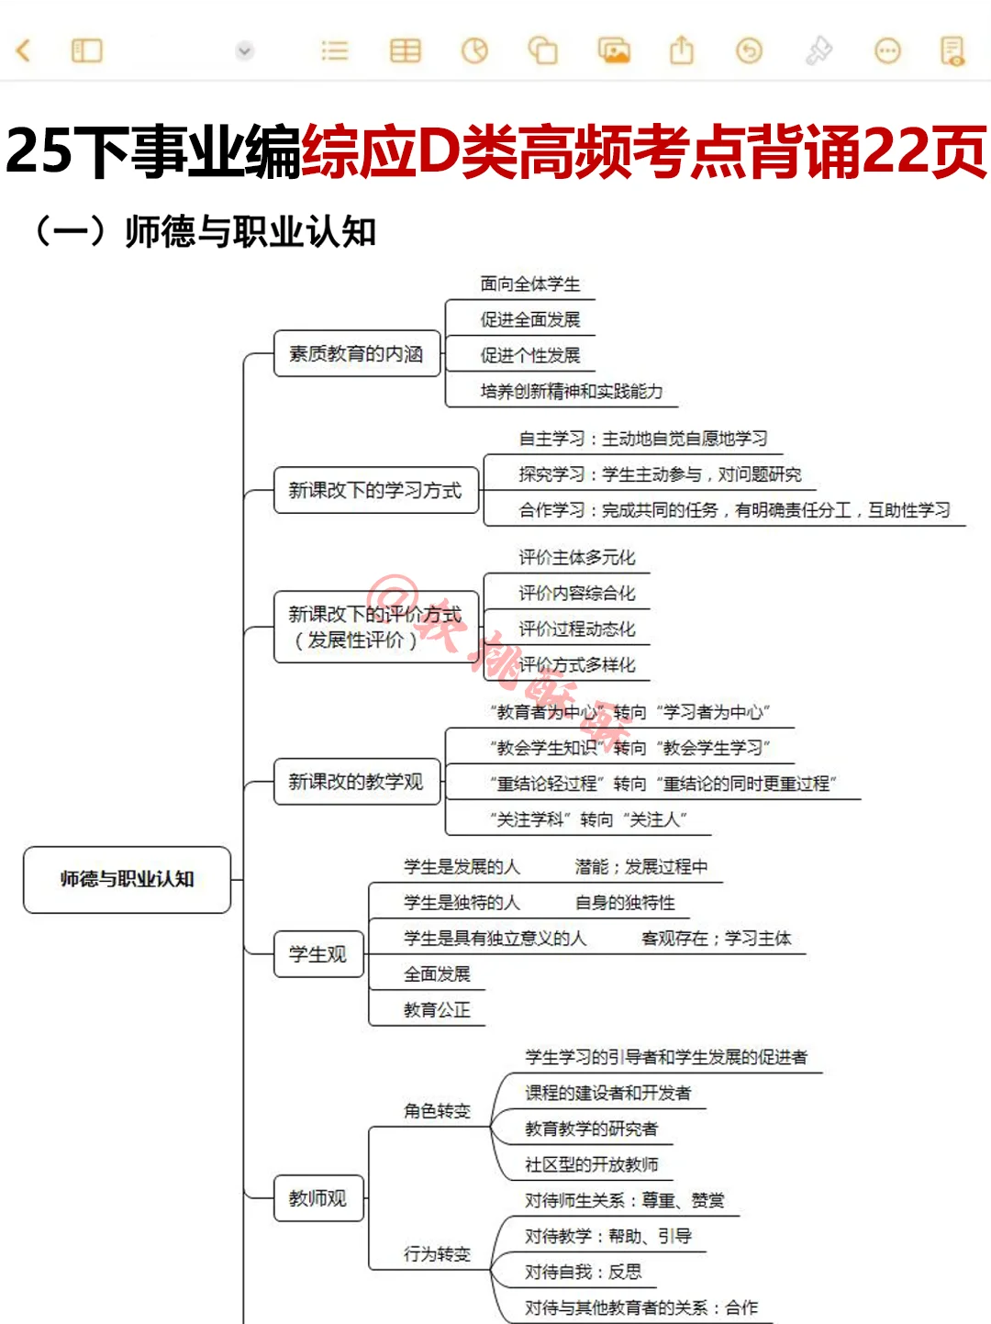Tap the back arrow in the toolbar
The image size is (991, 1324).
pyautogui.click(x=24, y=50)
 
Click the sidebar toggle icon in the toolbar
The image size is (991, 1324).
pyautogui.click(x=87, y=50)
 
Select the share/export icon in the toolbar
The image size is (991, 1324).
pyautogui.click(x=682, y=50)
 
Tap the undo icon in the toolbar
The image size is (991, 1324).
pyautogui.click(x=750, y=50)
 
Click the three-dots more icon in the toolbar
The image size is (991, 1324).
pyautogui.click(x=887, y=50)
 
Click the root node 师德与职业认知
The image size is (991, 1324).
pyautogui.click(x=127, y=879)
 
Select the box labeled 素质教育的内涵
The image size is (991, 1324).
pyautogui.click(x=356, y=353)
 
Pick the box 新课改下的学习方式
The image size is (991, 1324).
pyautogui.click(x=375, y=490)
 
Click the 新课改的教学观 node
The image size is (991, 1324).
pyautogui.click(x=356, y=782)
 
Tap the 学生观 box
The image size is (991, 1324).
pyautogui.click(x=318, y=954)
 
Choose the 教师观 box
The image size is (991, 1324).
pyautogui.click(x=318, y=1198)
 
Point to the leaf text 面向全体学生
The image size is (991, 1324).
pyautogui.click(x=530, y=284)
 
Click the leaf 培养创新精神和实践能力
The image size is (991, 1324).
pyautogui.click(x=571, y=392)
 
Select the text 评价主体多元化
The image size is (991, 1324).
pyautogui.click(x=577, y=558)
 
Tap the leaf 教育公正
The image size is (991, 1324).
pyautogui.click(x=437, y=1010)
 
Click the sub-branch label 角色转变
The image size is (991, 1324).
pyautogui.click(x=437, y=1111)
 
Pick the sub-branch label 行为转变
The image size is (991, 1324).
pyautogui.click(x=437, y=1254)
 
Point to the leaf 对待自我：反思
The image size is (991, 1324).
pyautogui.click(x=584, y=1273)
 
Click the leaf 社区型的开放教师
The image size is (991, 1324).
pyautogui.click(x=592, y=1165)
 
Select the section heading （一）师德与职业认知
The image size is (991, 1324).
pyautogui.click(x=204, y=231)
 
